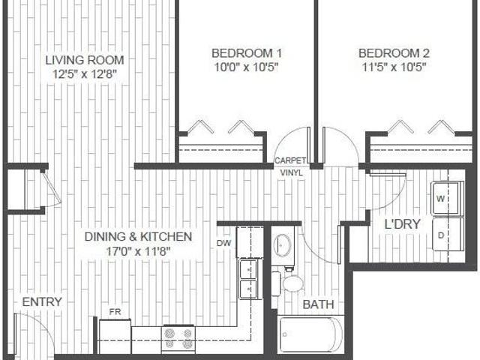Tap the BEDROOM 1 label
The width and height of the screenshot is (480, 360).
pyautogui.click(x=247, y=53)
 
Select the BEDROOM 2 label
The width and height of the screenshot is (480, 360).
pyautogui.click(x=394, y=53)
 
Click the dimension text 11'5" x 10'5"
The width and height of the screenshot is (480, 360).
pyautogui.click(x=394, y=67)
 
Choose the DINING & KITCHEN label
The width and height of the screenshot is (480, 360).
pyautogui.click(x=138, y=237)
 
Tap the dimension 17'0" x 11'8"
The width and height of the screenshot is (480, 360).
pyautogui.click(x=138, y=250)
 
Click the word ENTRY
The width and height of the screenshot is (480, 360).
pyautogui.click(x=42, y=301)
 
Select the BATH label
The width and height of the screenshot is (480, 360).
pyautogui.click(x=318, y=304)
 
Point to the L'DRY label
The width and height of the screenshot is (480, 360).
pyautogui.click(x=402, y=224)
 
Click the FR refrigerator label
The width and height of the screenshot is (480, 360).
pyautogui.click(x=115, y=311)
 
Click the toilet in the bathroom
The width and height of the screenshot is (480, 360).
pyautogui.click(x=289, y=283)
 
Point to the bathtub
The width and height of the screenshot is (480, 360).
pyautogui.click(x=310, y=335)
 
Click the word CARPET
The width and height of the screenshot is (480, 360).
pyautogui.click(x=289, y=160)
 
